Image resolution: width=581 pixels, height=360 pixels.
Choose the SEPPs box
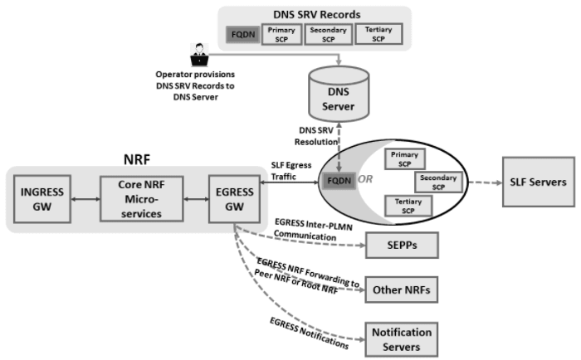[402, 246]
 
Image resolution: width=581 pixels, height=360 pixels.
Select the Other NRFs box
[402, 290]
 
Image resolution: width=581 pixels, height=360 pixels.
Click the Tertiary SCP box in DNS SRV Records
[378, 34]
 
